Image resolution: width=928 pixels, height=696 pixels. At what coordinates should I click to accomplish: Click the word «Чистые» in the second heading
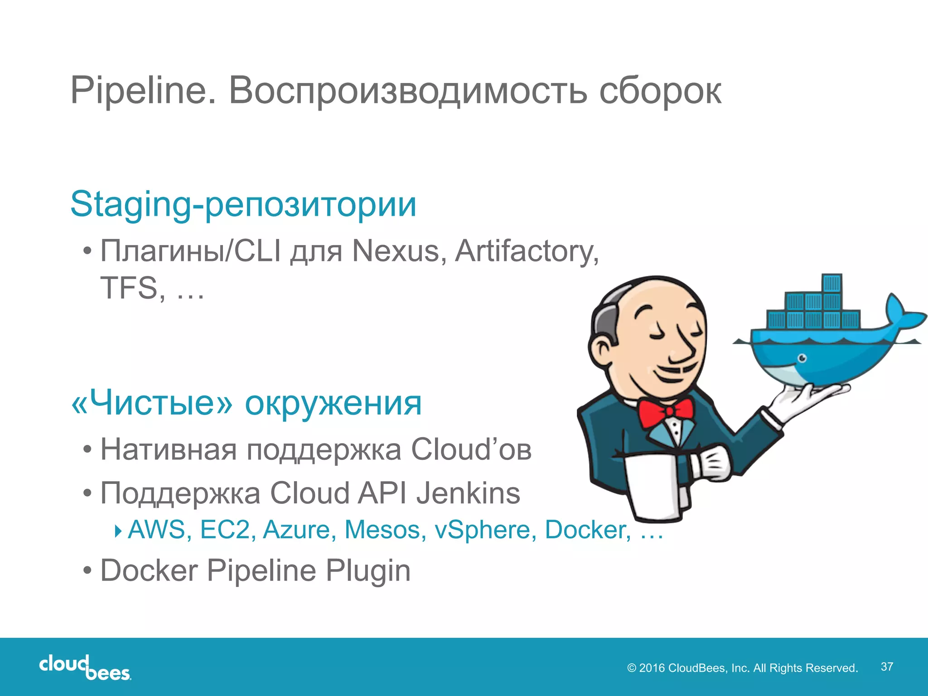(x=152, y=403)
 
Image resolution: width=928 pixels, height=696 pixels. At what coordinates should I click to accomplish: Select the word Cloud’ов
(x=471, y=449)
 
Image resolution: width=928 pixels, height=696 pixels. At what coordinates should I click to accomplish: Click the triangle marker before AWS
(x=118, y=530)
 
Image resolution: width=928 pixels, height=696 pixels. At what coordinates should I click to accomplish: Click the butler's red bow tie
(x=666, y=412)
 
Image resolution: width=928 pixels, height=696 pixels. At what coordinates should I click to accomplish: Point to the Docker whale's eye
(x=802, y=358)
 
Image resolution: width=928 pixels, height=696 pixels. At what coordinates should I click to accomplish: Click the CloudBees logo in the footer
(x=85, y=667)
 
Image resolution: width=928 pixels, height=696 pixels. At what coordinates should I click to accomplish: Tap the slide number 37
(x=887, y=667)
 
